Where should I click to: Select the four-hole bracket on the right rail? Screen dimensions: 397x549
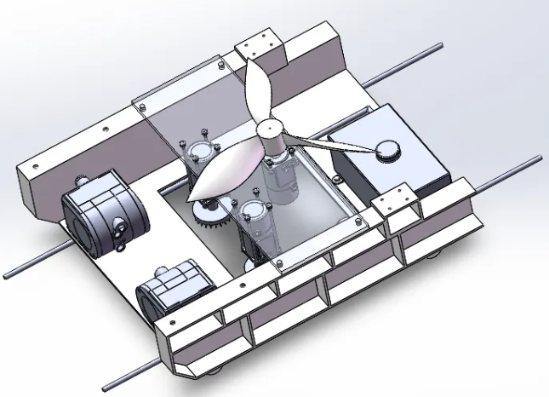click(x=395, y=204)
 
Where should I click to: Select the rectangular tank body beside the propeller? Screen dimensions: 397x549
click(x=383, y=162)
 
